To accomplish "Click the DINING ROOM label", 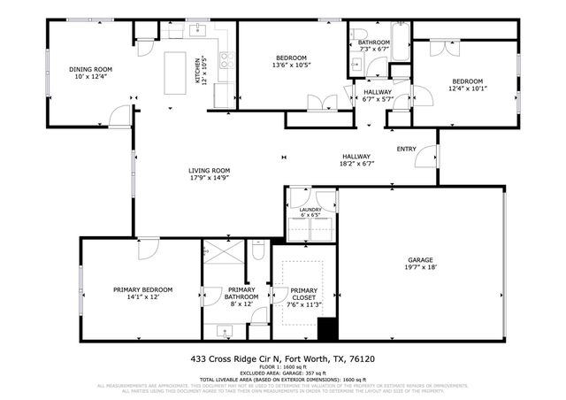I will [91, 68].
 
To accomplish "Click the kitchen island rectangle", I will [188, 70].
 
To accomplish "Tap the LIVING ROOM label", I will [209, 171].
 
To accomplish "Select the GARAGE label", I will [421, 258].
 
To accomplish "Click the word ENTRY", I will [406, 149].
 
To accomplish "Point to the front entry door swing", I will [426, 158].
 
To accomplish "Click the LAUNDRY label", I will [310, 209].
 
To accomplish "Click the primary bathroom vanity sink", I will [223, 332].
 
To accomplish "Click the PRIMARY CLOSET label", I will [303, 294].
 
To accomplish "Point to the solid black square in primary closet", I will [327, 330].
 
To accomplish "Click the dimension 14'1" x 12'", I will [142, 298].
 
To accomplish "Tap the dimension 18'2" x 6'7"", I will [358, 163].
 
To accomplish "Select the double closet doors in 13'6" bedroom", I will [316, 102].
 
